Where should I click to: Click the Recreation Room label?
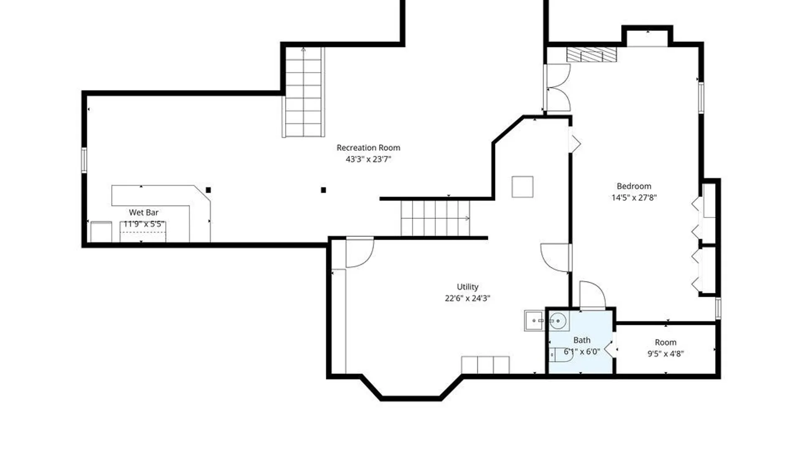pyautogui.click(x=368, y=148)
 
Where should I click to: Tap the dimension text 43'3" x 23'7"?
pyautogui.click(x=368, y=159)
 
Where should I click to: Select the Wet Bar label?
pyautogui.click(x=144, y=213)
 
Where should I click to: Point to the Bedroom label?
pyautogui.click(x=634, y=186)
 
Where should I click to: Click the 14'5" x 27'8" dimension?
pyautogui.click(x=634, y=198)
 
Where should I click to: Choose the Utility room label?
pyautogui.click(x=467, y=287)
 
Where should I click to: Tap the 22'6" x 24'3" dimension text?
pyautogui.click(x=467, y=298)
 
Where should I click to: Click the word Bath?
pyautogui.click(x=582, y=340)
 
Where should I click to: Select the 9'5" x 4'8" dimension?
pyautogui.click(x=665, y=354)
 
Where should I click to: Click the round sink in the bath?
pyautogui.click(x=558, y=321)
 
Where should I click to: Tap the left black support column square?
pyautogui.click(x=208, y=190)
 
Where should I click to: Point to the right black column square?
pyautogui.click(x=323, y=190)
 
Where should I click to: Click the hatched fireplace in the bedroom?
pyautogui.click(x=591, y=55)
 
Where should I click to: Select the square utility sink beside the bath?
pyautogui.click(x=534, y=321)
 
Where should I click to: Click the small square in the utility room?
pyautogui.click(x=523, y=187)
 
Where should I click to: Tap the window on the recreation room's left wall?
pyautogui.click(x=84, y=160)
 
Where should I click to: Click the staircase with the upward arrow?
pyautogui.click(x=304, y=92)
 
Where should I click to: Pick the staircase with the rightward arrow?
pyautogui.click(x=435, y=218)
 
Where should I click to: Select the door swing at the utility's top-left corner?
pyautogui.click(x=360, y=253)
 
